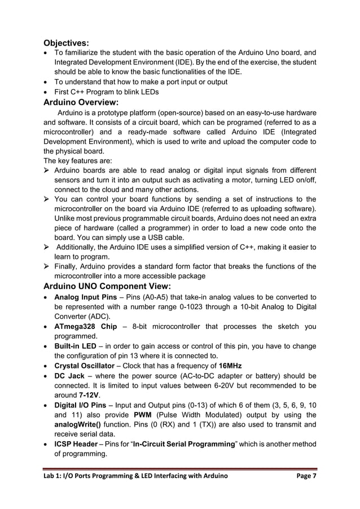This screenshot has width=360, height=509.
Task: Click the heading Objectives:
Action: click(66, 43)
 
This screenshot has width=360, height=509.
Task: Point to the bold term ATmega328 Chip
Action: click(86, 327)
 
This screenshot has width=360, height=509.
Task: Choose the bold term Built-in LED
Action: click(77, 346)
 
